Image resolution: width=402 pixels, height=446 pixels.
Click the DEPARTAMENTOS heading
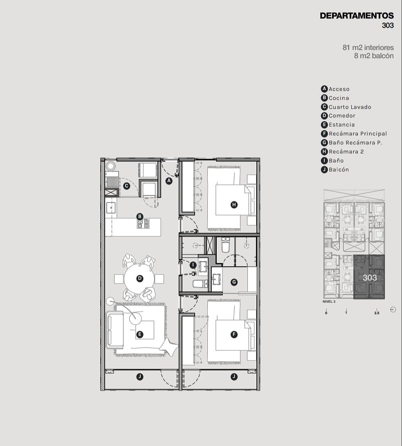(357, 16)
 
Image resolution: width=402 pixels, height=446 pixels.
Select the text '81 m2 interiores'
(368, 47)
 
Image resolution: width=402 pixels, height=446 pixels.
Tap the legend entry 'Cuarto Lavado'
(350, 107)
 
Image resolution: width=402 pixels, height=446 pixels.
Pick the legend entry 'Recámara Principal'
(358, 134)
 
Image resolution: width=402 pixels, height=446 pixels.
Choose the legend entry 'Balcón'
(339, 170)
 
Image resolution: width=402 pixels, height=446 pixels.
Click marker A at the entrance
(169, 181)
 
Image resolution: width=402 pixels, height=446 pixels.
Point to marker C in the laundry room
(127, 186)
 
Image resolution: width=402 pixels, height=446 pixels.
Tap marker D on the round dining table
(140, 278)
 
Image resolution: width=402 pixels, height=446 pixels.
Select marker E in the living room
(139, 334)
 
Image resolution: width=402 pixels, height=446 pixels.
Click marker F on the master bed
(234, 334)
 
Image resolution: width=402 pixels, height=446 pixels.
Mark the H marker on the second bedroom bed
(234, 204)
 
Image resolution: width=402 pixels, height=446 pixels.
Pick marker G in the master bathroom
(234, 282)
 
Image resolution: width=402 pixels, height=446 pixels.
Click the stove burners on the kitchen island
(143, 224)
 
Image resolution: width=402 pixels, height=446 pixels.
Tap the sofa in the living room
(115, 329)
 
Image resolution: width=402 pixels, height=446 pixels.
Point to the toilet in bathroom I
(200, 284)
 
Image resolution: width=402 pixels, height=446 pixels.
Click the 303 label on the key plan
(370, 278)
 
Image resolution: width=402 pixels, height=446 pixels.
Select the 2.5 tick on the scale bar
(377, 313)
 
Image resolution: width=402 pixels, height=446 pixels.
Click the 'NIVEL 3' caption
(329, 302)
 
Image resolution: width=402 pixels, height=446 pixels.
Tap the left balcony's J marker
(140, 377)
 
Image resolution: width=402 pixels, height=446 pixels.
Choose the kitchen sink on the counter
(111, 208)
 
